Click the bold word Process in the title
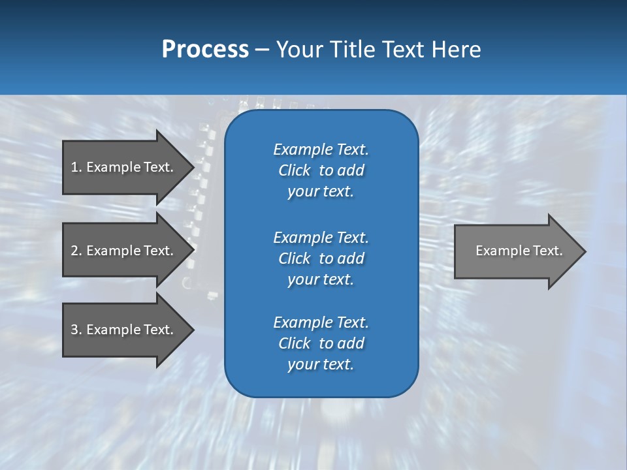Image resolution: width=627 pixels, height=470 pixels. [x=205, y=50]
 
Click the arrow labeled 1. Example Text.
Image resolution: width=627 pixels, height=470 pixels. [x=124, y=167]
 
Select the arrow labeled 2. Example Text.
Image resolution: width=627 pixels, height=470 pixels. [x=124, y=251]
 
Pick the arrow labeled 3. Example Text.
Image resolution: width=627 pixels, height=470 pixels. [x=124, y=330]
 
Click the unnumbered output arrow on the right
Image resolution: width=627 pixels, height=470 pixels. [x=516, y=251]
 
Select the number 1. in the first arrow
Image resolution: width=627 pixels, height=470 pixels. [x=76, y=167]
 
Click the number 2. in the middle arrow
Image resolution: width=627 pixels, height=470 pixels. [x=76, y=251]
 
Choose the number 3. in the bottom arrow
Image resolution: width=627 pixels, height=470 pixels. [x=76, y=330]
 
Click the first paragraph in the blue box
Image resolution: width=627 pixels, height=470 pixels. [x=321, y=170]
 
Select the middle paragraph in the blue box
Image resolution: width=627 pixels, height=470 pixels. [x=321, y=258]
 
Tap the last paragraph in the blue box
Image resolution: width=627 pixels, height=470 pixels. [x=321, y=343]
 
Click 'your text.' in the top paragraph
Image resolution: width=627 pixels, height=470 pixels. [x=321, y=192]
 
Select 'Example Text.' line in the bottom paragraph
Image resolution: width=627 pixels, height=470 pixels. [x=321, y=322]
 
